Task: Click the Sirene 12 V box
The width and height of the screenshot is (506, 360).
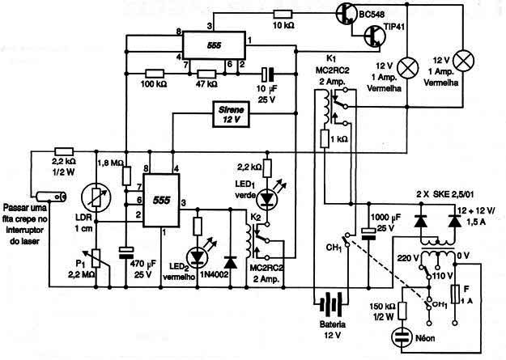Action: click(x=231, y=114)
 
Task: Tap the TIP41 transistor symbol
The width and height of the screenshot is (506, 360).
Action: click(x=375, y=36)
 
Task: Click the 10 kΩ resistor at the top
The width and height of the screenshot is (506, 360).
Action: click(x=283, y=14)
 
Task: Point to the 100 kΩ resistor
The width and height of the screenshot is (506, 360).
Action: click(x=155, y=74)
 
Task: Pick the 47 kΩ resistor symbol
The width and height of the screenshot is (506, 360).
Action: click(x=206, y=74)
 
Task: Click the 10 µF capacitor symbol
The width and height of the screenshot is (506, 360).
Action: click(x=267, y=74)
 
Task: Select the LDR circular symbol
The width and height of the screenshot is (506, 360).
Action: click(x=96, y=197)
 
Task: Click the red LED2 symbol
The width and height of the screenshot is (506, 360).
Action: click(x=198, y=256)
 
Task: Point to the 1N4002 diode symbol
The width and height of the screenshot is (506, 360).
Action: click(x=231, y=263)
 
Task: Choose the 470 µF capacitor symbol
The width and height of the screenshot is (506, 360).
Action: click(x=126, y=252)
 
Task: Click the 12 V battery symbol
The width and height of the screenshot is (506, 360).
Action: click(x=330, y=304)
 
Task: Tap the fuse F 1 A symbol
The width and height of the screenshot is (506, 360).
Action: click(x=455, y=294)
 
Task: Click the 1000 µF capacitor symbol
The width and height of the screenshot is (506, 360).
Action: click(x=368, y=234)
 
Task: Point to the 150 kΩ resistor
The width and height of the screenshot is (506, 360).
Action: click(x=402, y=311)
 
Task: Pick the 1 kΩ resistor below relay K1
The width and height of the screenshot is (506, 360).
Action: click(x=325, y=138)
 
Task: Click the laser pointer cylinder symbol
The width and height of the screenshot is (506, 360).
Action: click(x=51, y=197)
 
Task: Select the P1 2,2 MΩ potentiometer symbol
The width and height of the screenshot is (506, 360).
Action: click(x=96, y=258)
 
